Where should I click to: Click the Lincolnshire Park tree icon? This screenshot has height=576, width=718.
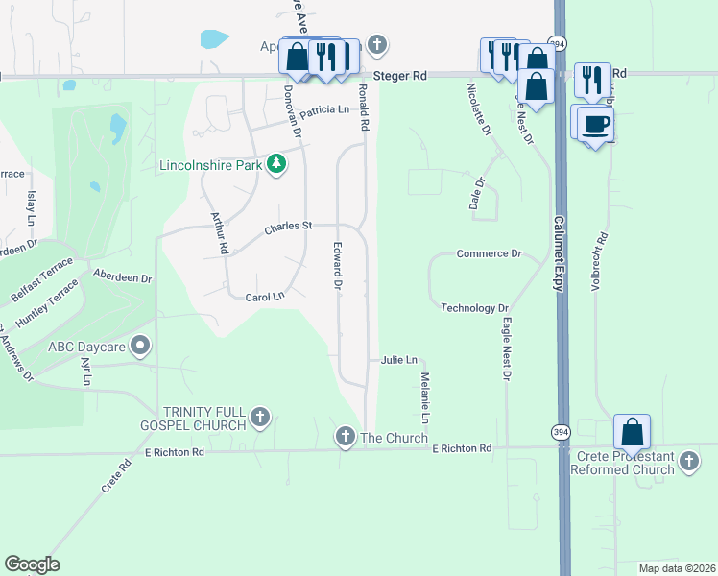click(x=276, y=165)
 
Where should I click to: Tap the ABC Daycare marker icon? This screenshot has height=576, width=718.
click(x=141, y=345)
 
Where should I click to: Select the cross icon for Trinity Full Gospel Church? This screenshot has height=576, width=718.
click(x=258, y=418)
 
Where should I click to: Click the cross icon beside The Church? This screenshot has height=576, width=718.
click(x=346, y=438)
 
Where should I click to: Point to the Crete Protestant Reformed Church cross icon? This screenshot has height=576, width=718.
click(x=688, y=463)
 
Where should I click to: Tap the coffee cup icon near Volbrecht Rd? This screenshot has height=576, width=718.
click(x=596, y=123)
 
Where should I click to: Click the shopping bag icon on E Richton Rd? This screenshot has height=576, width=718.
click(x=632, y=432)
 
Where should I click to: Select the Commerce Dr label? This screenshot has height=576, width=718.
click(x=489, y=254)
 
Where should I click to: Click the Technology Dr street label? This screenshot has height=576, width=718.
click(x=474, y=308)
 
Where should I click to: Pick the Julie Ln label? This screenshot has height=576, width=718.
click(x=398, y=360)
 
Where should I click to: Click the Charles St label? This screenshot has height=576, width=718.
click(x=289, y=227)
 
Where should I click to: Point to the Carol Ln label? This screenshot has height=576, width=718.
click(x=265, y=297)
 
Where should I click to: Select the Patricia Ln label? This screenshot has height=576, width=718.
click(x=323, y=111)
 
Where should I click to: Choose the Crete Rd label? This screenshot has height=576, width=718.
click(x=116, y=476)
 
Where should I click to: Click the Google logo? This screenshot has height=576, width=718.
click(x=32, y=564)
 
